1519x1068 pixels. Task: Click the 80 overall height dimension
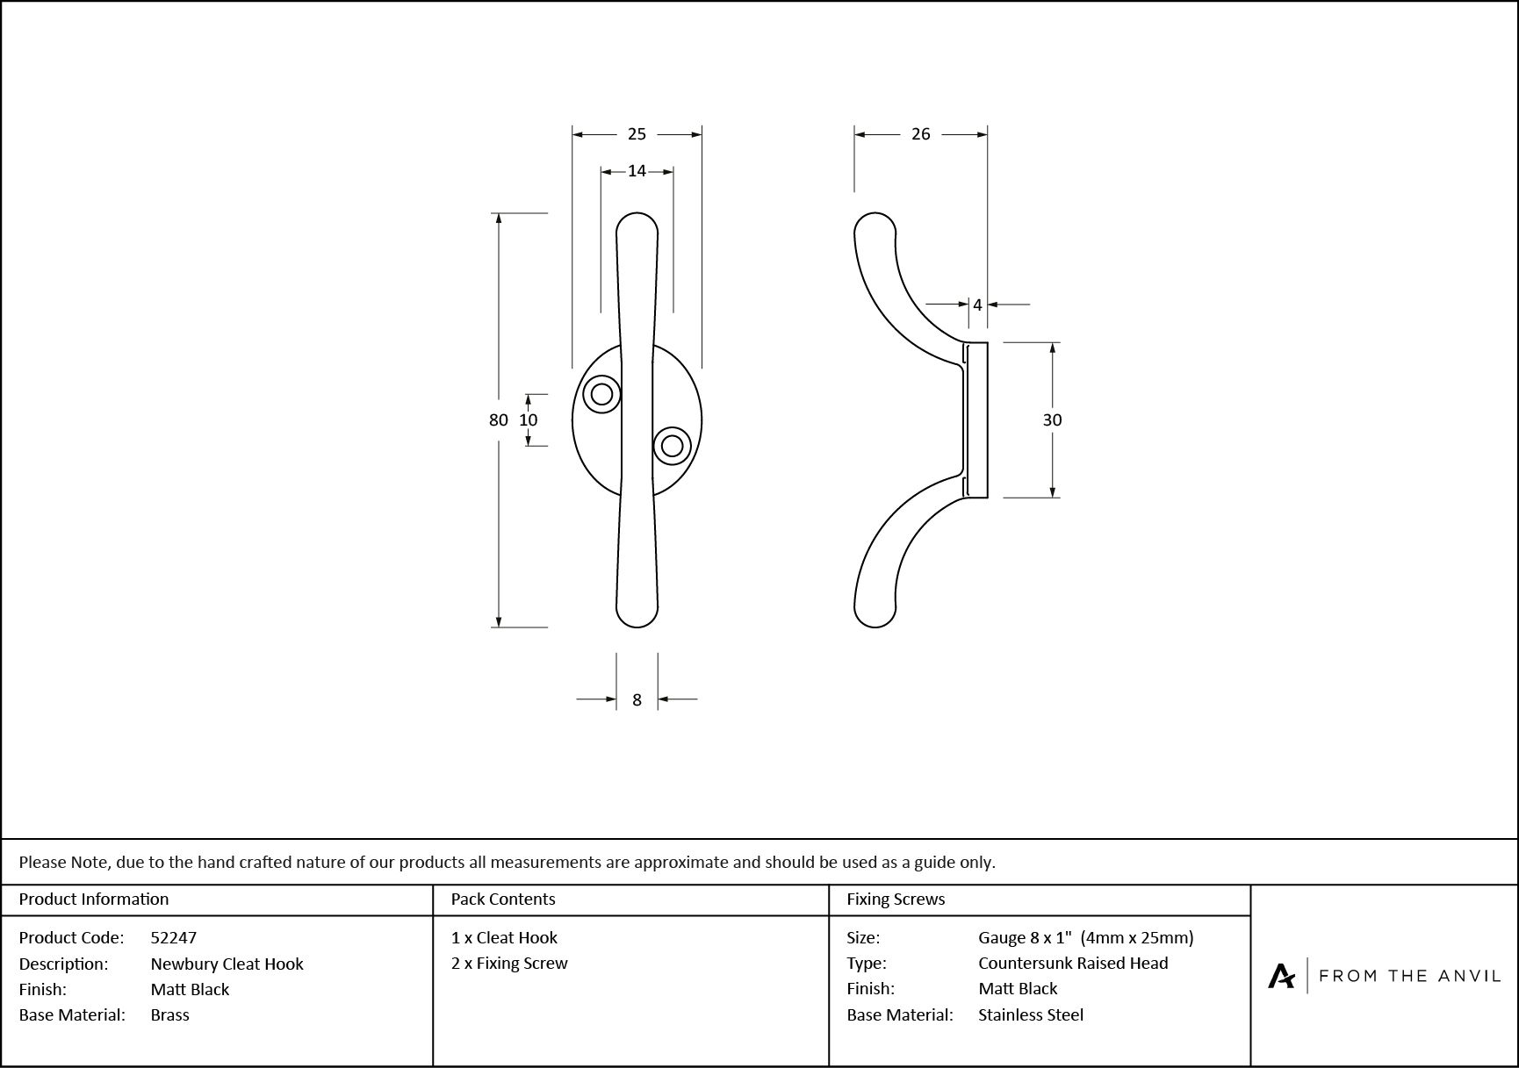[x=498, y=420]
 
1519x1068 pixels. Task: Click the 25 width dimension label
[x=637, y=134]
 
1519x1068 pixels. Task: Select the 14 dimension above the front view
[x=637, y=171]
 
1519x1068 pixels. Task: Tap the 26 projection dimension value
[x=920, y=134]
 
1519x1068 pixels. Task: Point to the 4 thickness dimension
[x=977, y=305]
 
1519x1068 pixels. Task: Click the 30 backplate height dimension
[x=1052, y=420]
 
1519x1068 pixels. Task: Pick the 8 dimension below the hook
[x=637, y=700]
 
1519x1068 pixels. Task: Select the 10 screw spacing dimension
[x=528, y=420]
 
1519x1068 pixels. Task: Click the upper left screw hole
[x=601, y=394]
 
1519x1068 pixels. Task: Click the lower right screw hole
[x=672, y=446]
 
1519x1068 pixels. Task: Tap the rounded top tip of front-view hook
[x=637, y=225]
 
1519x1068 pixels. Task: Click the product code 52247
[x=174, y=937]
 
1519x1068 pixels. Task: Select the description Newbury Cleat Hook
[x=227, y=964]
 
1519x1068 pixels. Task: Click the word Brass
[x=169, y=1014]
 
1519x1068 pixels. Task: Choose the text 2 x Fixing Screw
[x=509, y=963]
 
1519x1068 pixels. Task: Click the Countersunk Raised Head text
[x=1073, y=963]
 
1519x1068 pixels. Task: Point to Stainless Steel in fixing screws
[x=1031, y=1014]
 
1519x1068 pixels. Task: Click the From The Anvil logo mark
[x=1281, y=976]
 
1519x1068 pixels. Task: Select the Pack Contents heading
[x=503, y=899]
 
